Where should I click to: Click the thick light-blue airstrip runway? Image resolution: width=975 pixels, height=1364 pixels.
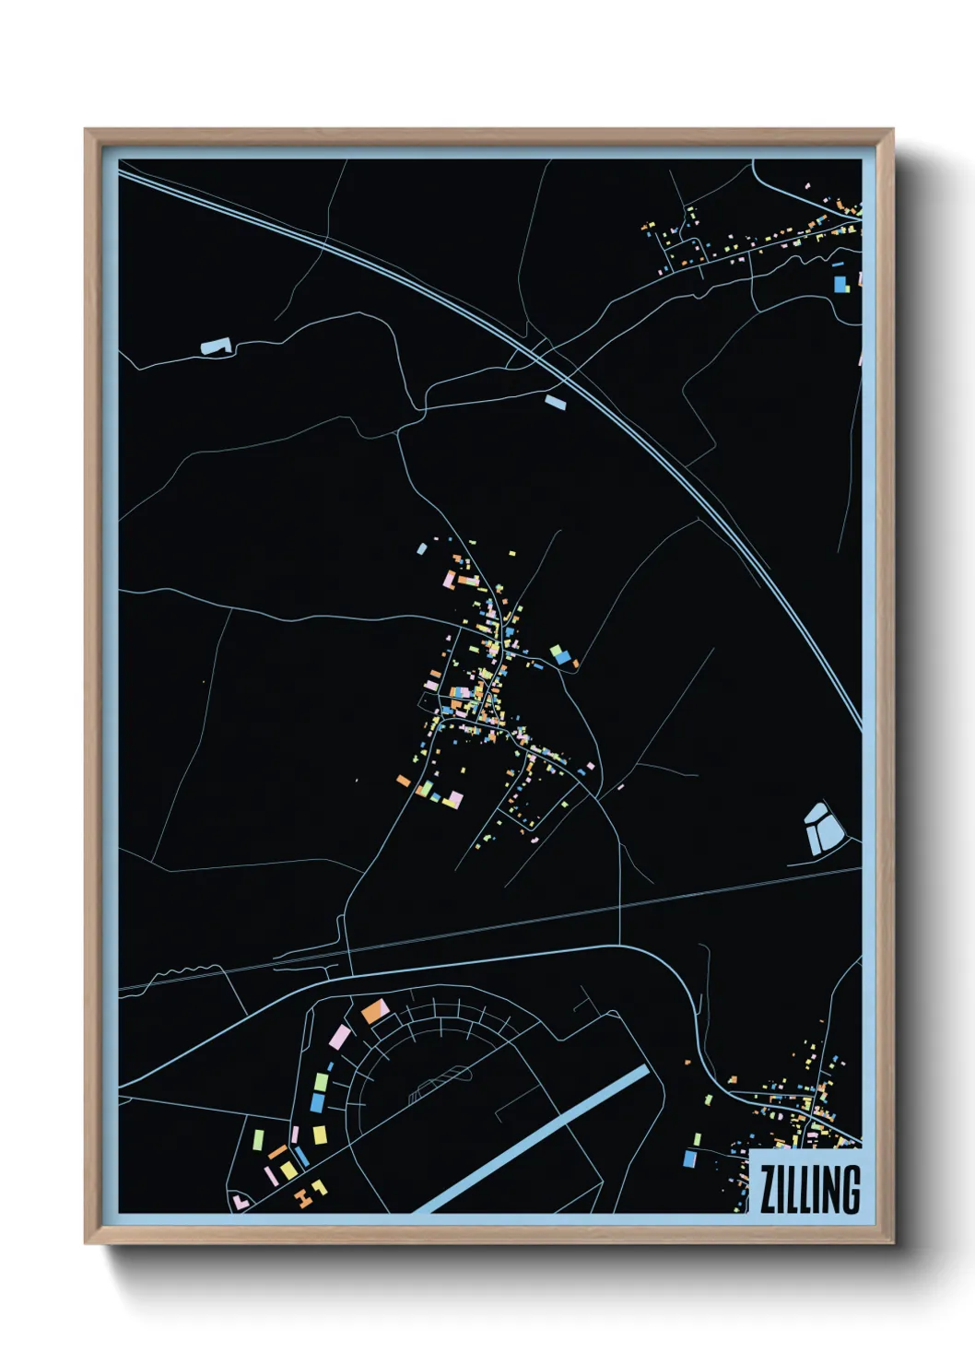pyautogui.click(x=534, y=1139)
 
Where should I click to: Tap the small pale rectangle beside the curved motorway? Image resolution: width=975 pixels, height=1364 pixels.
pyautogui.click(x=556, y=401)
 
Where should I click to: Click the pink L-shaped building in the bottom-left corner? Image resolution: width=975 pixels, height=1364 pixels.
pyautogui.click(x=240, y=1201)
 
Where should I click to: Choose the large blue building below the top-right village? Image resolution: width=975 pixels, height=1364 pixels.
pyautogui.click(x=840, y=284)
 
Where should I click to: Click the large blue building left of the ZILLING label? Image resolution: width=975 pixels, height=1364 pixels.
pyautogui.click(x=689, y=1158)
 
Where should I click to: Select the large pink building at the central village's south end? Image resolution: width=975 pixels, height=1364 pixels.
pyautogui.click(x=452, y=799)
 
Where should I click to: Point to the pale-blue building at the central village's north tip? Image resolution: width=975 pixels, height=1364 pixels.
pyautogui.click(x=422, y=548)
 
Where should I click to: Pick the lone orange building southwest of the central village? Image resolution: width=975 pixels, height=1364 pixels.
pyautogui.click(x=404, y=781)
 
